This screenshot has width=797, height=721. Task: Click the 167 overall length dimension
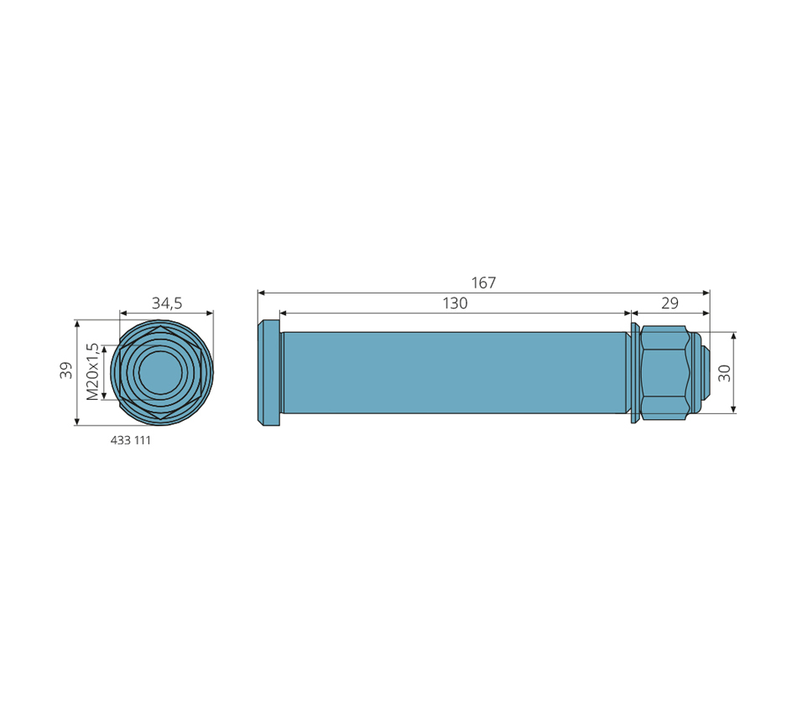coord(483,283)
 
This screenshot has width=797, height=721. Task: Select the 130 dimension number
coord(455,303)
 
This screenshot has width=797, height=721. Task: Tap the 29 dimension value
coord(669,303)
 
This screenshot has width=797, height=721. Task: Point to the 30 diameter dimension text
coord(725,373)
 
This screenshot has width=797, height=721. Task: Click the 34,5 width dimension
coord(167,303)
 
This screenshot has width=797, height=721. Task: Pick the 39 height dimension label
coord(66,371)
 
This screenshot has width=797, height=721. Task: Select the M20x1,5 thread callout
coord(92,372)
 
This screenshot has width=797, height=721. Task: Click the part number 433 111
coord(131,440)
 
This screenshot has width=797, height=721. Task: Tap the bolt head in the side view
coord(269,372)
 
